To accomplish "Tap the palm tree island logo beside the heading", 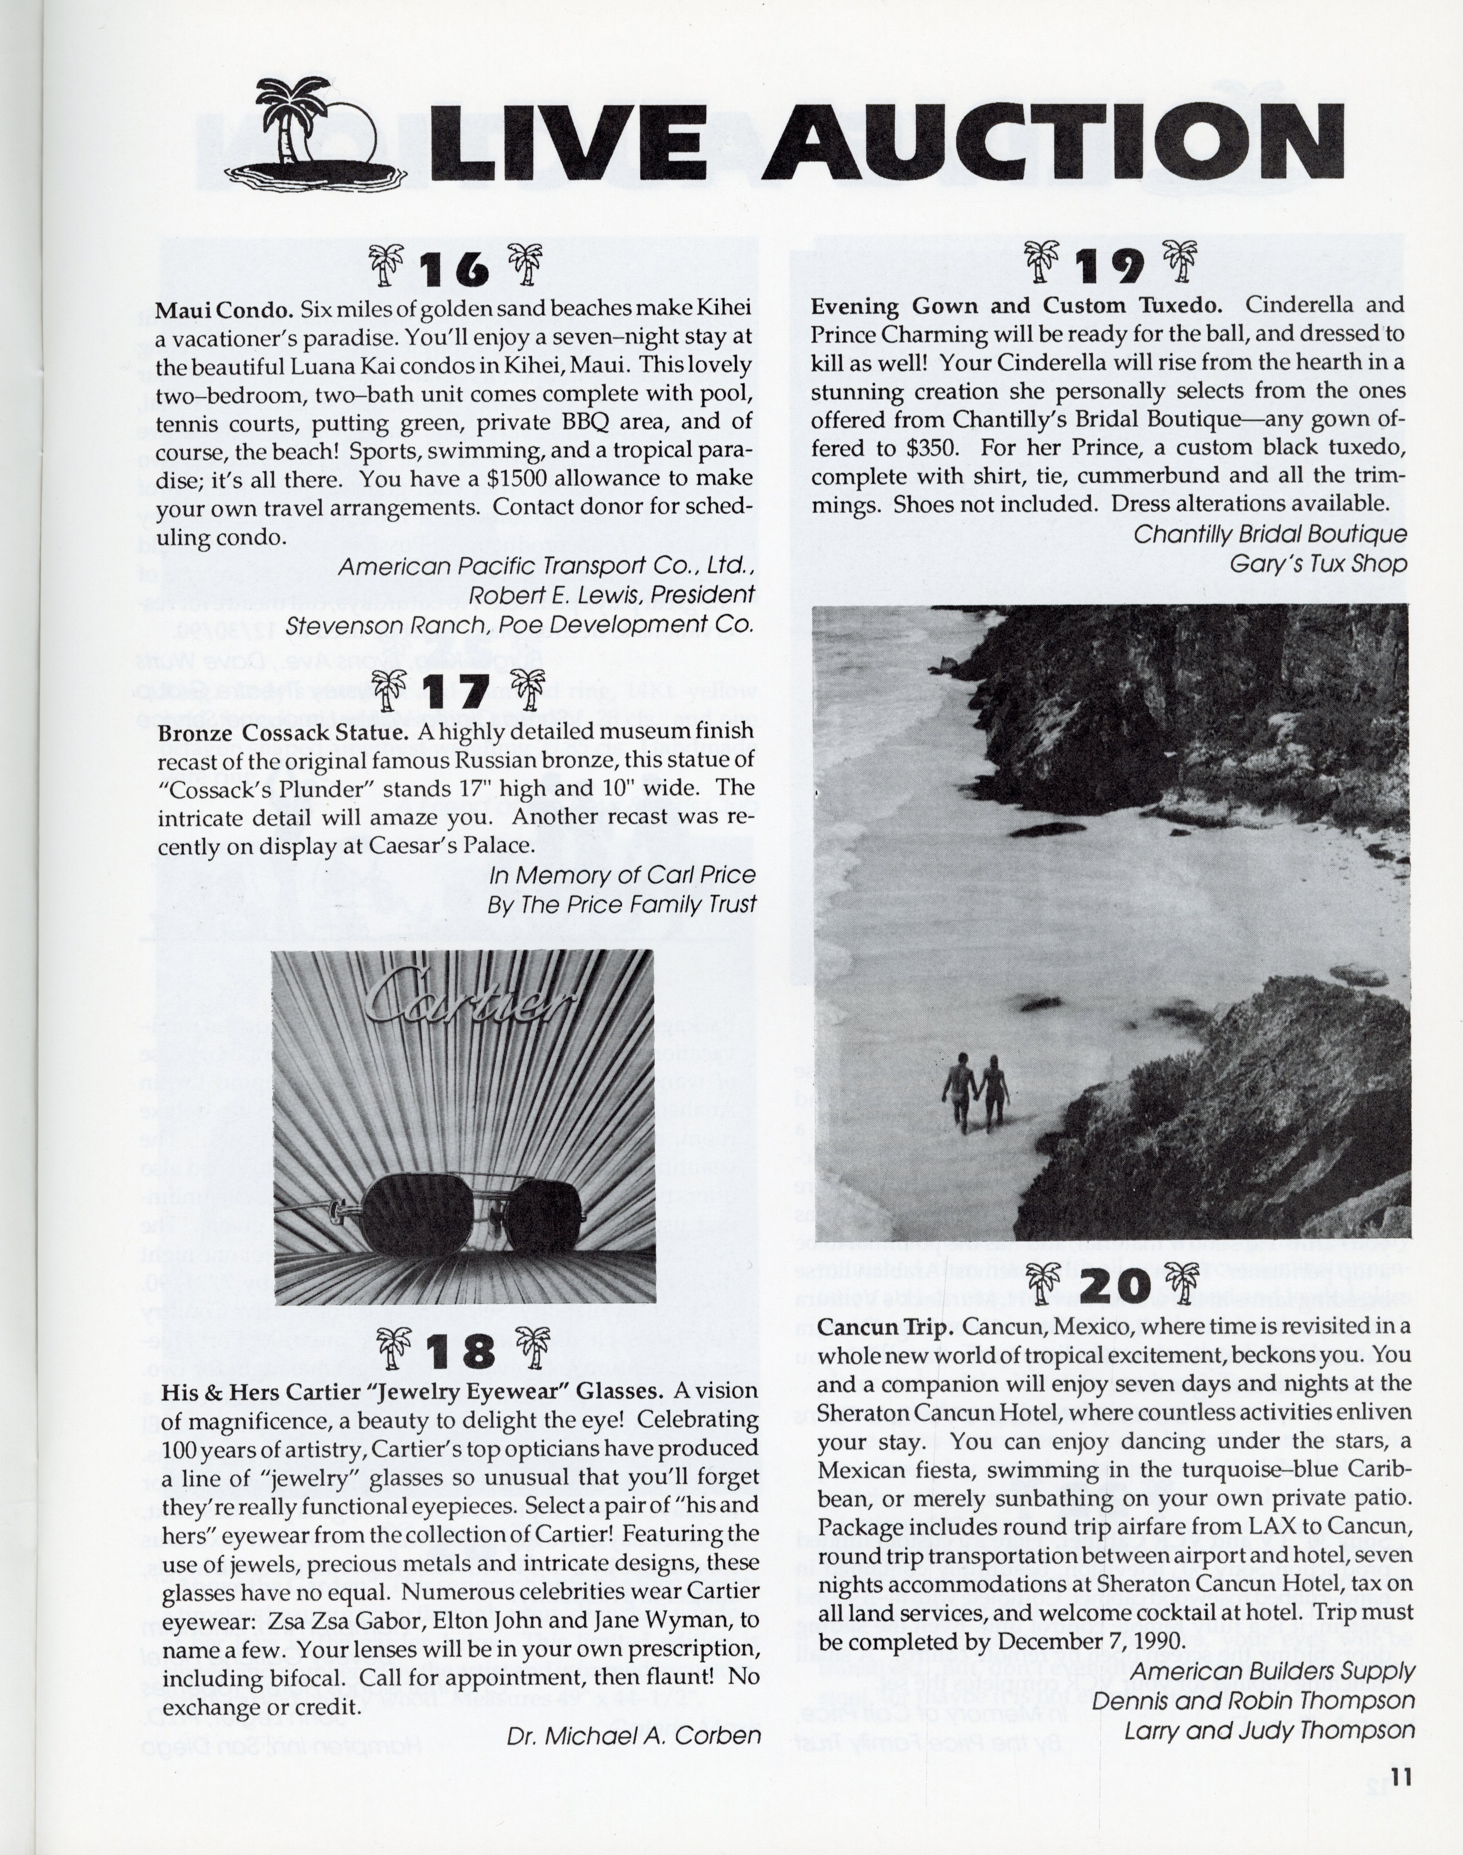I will coord(315,133).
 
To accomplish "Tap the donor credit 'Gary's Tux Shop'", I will coord(1317,564).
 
